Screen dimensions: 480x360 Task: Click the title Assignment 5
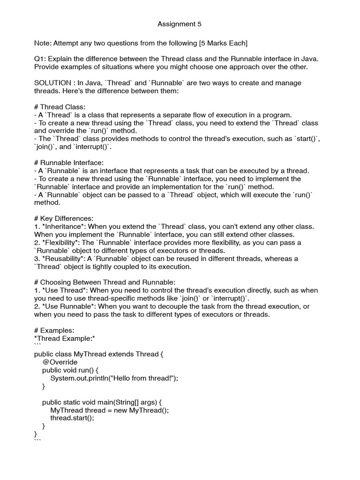click(180, 24)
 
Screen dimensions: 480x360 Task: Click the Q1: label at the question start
click(40, 59)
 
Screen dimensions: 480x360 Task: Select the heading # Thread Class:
click(60, 107)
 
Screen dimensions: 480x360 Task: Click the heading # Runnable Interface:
click(68, 163)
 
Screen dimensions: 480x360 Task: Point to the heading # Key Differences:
click(64, 218)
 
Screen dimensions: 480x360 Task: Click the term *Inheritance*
click(64, 226)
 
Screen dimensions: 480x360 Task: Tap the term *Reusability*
click(64, 258)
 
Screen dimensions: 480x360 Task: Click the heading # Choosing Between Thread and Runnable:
click(105, 282)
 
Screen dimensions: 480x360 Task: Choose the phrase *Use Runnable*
click(67, 306)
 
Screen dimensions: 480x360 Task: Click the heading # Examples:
click(54, 330)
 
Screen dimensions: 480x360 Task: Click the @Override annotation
click(60, 362)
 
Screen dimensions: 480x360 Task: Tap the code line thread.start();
click(72, 418)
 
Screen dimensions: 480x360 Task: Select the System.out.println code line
click(114, 378)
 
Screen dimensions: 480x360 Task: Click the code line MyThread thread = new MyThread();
click(109, 410)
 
